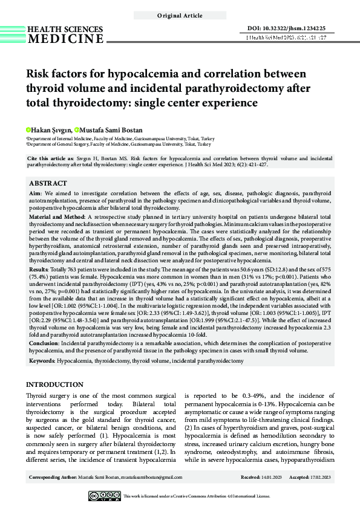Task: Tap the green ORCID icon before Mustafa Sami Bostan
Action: [x=77, y=130]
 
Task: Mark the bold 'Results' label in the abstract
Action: [x=39, y=267]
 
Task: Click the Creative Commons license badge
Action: [x=104, y=496]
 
